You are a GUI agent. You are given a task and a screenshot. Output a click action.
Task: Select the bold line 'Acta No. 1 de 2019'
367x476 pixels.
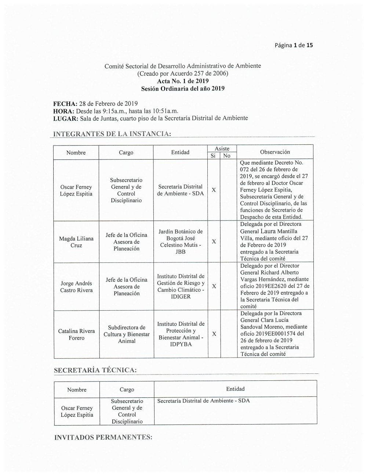183,81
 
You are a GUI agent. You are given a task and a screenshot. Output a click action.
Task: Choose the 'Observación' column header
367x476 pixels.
275,152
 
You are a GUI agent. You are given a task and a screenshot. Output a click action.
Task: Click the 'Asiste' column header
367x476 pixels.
222,148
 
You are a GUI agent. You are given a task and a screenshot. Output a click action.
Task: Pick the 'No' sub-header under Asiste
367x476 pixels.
227,156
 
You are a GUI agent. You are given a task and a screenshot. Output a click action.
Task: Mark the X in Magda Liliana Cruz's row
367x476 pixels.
214,241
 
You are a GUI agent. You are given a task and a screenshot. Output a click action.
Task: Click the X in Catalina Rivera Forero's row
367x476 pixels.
214,334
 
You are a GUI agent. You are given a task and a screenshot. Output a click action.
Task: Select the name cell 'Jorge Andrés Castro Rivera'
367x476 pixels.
76,287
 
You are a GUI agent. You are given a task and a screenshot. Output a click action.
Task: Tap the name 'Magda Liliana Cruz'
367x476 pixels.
76,242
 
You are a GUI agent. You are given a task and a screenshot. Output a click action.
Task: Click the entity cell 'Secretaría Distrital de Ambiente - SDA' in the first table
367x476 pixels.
180,190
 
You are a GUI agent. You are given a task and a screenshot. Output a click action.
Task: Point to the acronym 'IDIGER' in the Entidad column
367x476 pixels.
181,297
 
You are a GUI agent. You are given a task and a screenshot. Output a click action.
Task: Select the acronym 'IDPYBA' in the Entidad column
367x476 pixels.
181,344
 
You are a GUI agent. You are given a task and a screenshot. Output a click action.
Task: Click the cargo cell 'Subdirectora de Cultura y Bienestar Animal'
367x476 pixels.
127,334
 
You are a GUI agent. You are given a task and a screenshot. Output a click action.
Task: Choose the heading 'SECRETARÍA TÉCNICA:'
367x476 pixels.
95,370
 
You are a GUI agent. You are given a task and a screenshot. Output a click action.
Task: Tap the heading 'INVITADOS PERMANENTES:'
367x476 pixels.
103,437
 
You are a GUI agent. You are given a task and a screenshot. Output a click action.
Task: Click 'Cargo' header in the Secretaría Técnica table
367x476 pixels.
127,390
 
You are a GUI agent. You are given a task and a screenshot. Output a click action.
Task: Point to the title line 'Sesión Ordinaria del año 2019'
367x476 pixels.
183,89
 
